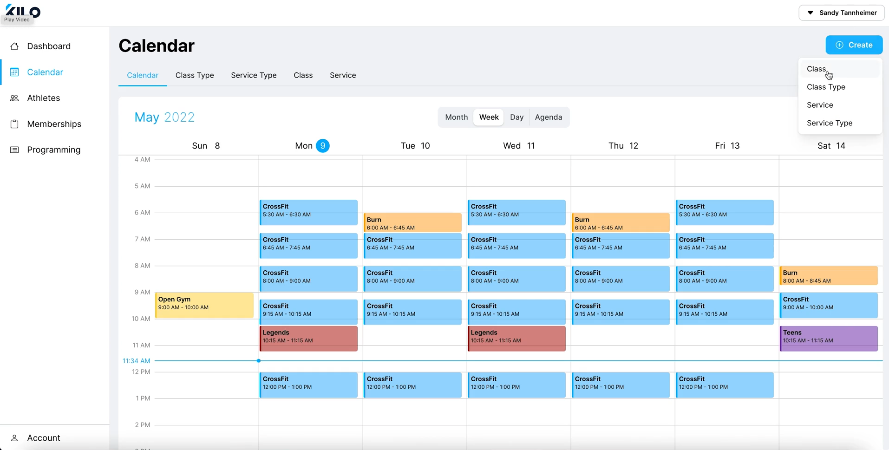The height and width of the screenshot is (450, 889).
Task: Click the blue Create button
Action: (854, 45)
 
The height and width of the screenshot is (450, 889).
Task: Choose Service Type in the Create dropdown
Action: (830, 123)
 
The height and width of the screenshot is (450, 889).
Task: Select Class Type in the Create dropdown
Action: (826, 87)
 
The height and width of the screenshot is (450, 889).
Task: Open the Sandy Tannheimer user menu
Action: (842, 13)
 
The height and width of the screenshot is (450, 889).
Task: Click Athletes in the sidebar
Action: (43, 98)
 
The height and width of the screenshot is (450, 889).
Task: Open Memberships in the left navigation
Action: (54, 124)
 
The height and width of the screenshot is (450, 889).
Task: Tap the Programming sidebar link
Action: (53, 150)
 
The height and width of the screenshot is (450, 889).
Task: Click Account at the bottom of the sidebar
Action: (43, 438)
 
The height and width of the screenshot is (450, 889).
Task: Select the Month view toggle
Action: (456, 117)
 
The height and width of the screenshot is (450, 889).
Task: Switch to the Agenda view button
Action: (548, 117)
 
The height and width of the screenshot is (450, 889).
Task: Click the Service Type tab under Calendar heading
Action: (254, 75)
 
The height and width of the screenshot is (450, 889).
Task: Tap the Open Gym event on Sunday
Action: (204, 305)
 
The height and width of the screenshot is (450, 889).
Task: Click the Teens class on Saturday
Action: (829, 338)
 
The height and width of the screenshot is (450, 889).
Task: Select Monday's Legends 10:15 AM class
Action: (308, 338)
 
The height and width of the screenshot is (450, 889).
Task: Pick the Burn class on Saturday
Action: (829, 276)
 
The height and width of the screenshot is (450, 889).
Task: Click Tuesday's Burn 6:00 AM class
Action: (412, 223)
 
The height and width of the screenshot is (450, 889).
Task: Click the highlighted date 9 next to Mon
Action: (322, 146)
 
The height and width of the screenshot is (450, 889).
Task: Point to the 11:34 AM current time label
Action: (137, 361)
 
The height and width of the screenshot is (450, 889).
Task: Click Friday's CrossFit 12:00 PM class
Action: (725, 385)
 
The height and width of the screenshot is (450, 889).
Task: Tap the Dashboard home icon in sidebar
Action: (14, 46)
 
